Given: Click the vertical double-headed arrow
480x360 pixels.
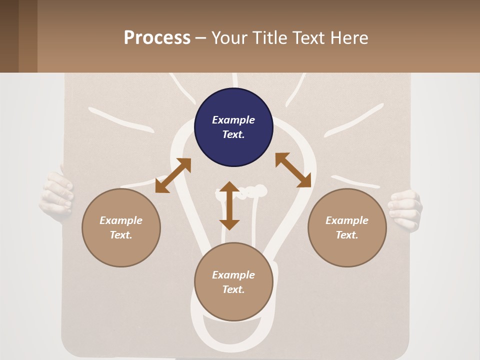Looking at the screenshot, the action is point(229,205).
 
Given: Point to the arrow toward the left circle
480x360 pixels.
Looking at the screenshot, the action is point(173,175).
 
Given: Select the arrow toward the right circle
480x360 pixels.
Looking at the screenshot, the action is point(293,170).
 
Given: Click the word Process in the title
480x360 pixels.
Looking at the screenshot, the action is point(157,38).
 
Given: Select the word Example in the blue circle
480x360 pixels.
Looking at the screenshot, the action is point(233,120).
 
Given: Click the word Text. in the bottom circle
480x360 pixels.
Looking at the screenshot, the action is point(233,289).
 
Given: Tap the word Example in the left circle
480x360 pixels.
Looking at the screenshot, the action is point(121,220).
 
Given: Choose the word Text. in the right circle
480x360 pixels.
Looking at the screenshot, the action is point(347,235).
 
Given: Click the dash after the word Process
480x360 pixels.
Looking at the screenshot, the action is point(201,38).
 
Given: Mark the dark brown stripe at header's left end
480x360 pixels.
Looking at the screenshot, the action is point(9,36).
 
